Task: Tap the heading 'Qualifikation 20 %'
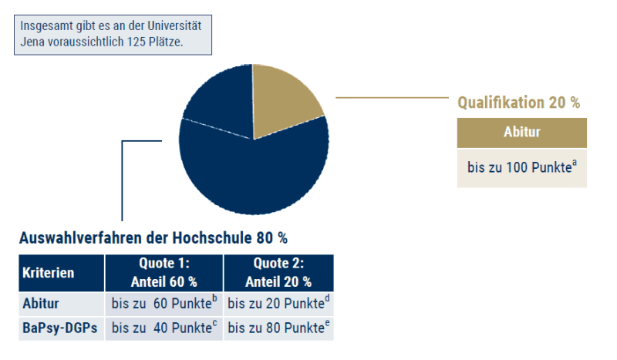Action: pos(518,103)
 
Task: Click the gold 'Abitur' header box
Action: pos(521,132)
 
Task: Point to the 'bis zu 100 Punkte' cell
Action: pos(521,167)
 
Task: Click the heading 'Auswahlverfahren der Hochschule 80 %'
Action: pos(153,237)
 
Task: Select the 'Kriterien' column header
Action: pos(49,273)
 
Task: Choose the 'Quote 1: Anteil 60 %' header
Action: pos(164,273)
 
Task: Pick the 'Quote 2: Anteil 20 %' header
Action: pos(278,273)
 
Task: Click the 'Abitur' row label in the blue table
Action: pos(40,304)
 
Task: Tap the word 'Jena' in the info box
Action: pos(33,42)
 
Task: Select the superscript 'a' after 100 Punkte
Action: pos(575,163)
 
